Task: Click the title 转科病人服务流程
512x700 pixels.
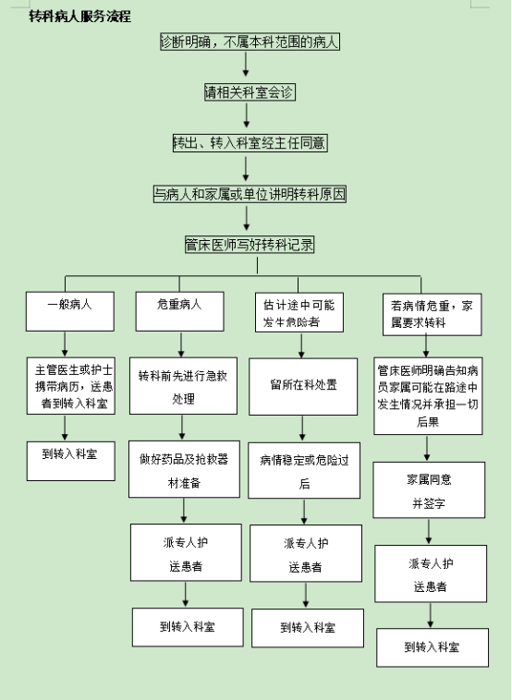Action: point(80,17)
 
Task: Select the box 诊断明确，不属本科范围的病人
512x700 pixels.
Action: point(250,42)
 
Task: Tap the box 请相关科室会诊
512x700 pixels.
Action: point(250,92)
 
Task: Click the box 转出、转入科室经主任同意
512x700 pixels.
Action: point(250,143)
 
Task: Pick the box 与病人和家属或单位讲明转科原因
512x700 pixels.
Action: point(250,194)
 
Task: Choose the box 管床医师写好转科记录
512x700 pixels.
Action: point(250,245)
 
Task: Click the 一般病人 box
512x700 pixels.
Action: point(70,311)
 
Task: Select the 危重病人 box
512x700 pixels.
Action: point(179,311)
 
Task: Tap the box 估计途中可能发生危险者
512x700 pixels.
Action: point(299,312)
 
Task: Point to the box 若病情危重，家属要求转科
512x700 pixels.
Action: point(432,314)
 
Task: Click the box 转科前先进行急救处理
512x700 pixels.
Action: point(183,386)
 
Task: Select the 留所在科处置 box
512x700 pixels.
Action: point(303,387)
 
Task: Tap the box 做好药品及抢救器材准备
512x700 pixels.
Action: point(184,469)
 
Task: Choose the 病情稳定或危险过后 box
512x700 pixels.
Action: point(304,471)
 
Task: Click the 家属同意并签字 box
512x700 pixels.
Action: point(429,490)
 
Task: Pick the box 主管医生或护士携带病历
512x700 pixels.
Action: point(71,386)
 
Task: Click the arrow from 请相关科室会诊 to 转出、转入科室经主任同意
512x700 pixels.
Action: point(246,115)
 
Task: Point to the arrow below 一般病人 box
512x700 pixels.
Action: point(65,344)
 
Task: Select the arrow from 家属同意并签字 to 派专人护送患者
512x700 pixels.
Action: point(429,531)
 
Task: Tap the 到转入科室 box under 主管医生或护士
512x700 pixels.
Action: point(71,461)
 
